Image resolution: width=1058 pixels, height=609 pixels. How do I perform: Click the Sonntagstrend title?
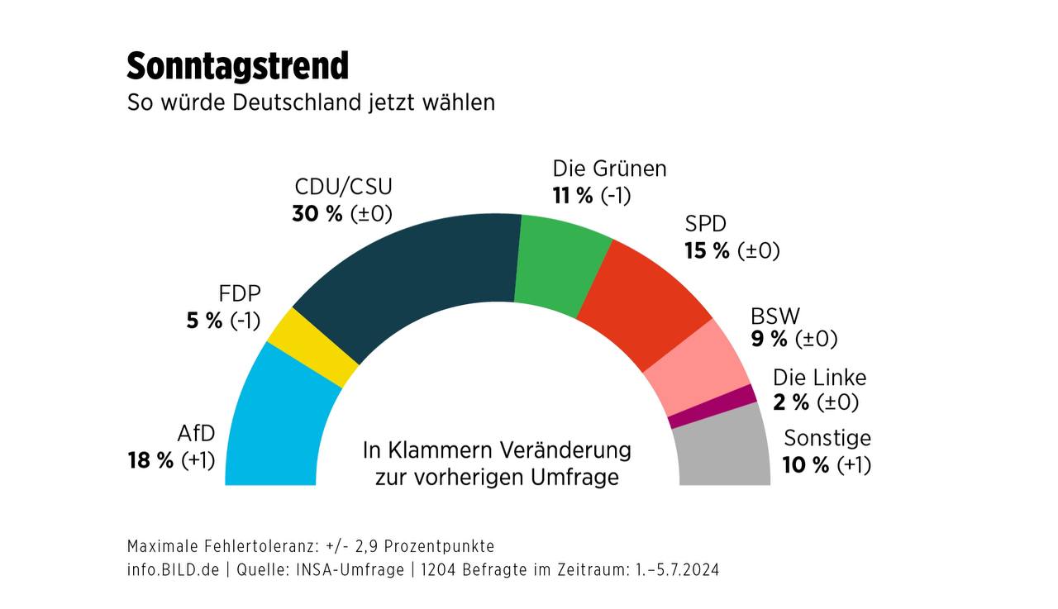coord(238,65)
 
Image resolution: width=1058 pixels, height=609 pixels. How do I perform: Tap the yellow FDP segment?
coord(312,347)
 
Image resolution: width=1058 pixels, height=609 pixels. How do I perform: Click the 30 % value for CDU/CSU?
coord(317,213)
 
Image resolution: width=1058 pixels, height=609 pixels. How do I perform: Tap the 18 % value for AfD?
coord(150,460)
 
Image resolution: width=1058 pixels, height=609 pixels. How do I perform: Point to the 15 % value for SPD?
coord(707,250)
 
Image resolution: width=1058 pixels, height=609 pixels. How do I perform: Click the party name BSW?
coord(775,316)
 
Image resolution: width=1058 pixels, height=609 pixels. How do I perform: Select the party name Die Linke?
coord(819,378)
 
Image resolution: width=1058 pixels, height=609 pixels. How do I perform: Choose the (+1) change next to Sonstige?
coord(854,465)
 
